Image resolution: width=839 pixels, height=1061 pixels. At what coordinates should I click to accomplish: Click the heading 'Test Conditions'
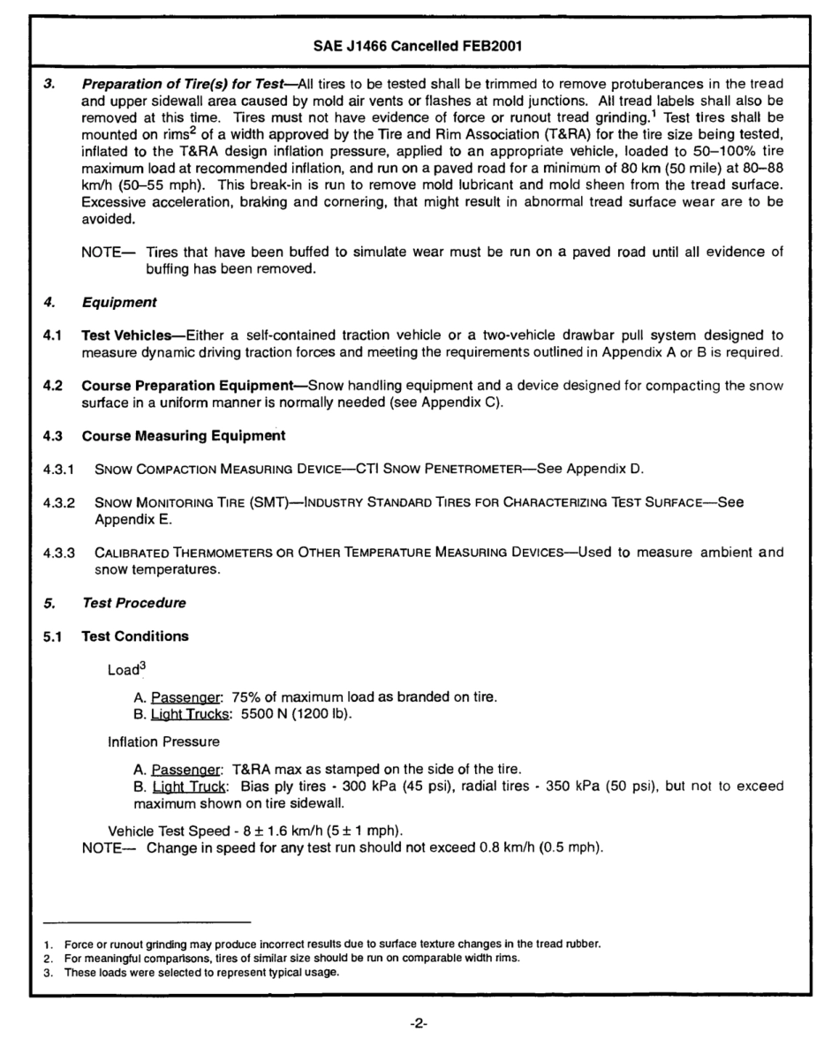[134, 636]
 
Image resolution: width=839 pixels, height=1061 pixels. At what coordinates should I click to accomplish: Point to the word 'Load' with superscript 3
[123, 670]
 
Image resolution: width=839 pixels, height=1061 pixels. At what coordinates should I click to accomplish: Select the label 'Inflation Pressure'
[163, 741]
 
